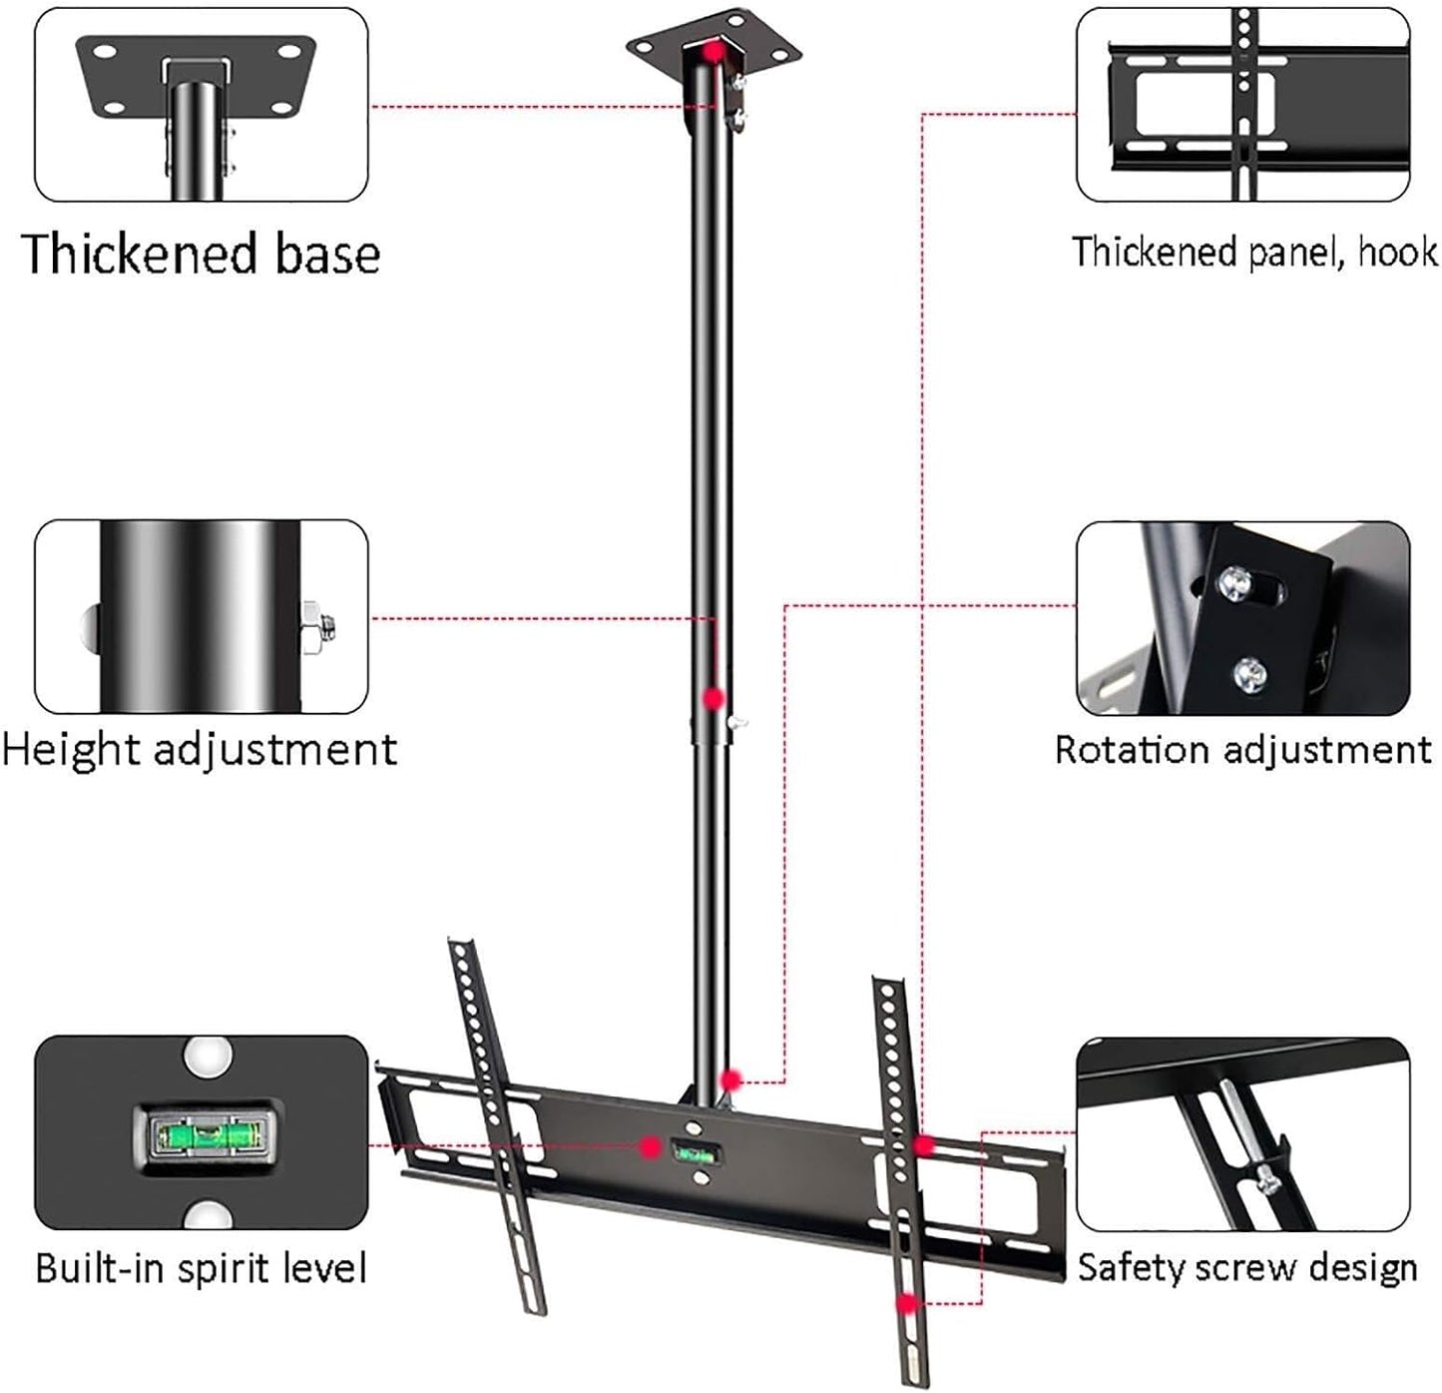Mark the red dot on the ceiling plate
click(x=712, y=50)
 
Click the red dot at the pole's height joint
click(x=714, y=698)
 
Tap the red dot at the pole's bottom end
click(x=731, y=1079)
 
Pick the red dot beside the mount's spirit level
click(x=651, y=1147)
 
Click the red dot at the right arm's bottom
click(x=907, y=1303)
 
